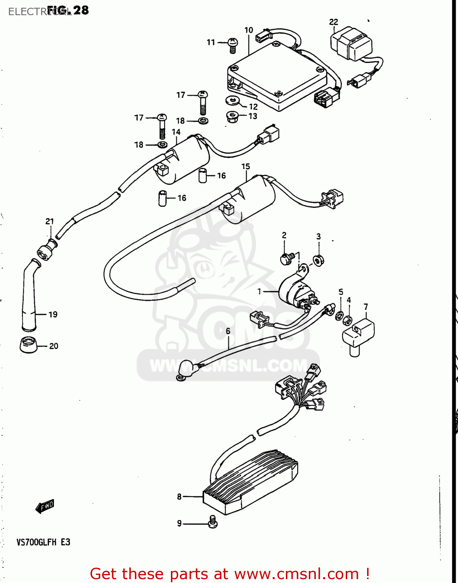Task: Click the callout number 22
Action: coord(333,22)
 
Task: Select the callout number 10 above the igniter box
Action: coord(249,30)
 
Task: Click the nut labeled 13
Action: coord(232,117)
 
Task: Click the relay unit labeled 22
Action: coord(351,43)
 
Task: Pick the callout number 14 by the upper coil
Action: coord(176,132)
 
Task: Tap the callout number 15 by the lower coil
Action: coord(246,167)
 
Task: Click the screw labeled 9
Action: coord(212,522)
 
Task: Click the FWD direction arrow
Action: coord(45,506)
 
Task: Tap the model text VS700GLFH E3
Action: coord(43,542)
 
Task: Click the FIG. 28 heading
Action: coord(68,10)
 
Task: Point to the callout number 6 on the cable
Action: coord(228,331)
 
